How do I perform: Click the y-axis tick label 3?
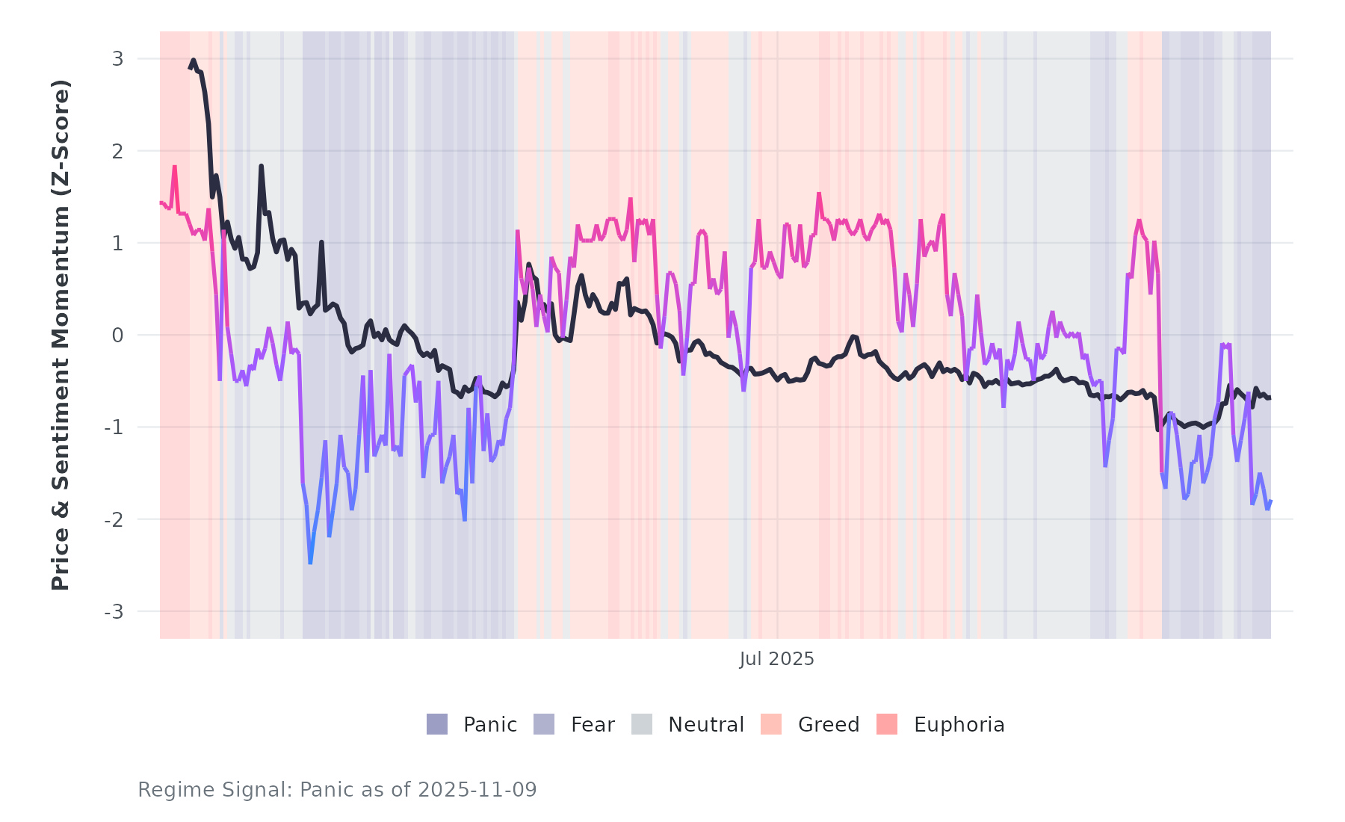click(117, 59)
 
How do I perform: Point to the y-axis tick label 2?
click(117, 151)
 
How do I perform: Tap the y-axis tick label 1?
click(117, 243)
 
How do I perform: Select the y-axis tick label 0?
click(117, 336)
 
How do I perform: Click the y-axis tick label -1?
click(114, 427)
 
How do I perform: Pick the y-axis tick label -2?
click(114, 519)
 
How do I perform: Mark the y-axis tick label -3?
click(114, 611)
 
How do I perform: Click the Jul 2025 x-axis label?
click(776, 659)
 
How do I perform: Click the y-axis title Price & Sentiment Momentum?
click(61, 335)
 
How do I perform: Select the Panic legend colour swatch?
click(437, 724)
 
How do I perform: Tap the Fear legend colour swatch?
click(544, 724)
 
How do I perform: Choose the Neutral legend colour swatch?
click(641, 724)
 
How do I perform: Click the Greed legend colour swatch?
click(771, 724)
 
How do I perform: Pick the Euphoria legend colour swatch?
click(887, 724)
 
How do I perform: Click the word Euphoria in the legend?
click(959, 725)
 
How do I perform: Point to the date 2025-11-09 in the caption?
click(477, 790)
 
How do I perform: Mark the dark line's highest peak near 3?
click(193, 61)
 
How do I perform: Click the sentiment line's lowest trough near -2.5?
click(310, 563)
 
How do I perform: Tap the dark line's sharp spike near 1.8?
click(261, 166)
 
